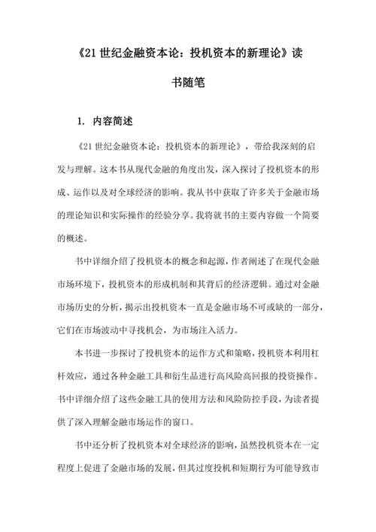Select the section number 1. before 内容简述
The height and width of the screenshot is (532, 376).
81,120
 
